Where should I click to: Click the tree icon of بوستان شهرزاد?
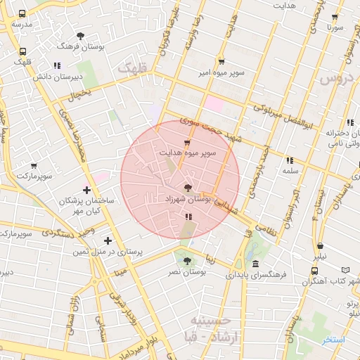[x=187, y=188]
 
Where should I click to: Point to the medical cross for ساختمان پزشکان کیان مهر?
[x=86, y=190]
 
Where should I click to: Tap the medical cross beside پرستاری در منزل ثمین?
[x=108, y=240]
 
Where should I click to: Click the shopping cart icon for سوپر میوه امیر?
[x=222, y=61]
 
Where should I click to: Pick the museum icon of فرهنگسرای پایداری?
[x=255, y=264]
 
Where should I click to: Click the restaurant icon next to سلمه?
[x=290, y=160]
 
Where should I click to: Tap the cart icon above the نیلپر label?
[x=321, y=246]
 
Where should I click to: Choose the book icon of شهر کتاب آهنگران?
[x=345, y=270]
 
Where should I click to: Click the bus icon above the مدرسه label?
[x=22, y=13]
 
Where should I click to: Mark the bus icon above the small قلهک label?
[x=22, y=51]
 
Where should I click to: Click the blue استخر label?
[x=334, y=340]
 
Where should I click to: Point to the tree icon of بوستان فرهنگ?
[x=82, y=34]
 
